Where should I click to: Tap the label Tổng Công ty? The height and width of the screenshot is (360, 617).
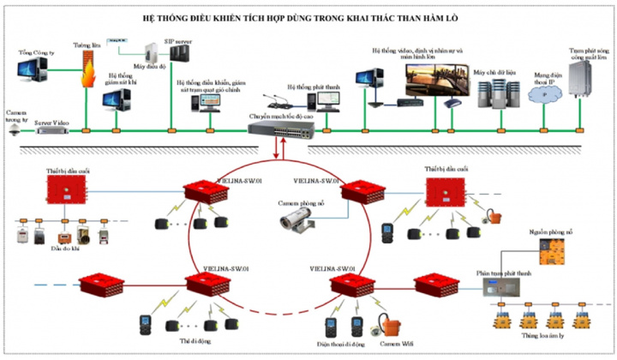[37, 52]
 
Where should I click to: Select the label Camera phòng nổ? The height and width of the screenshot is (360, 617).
[301, 202]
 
